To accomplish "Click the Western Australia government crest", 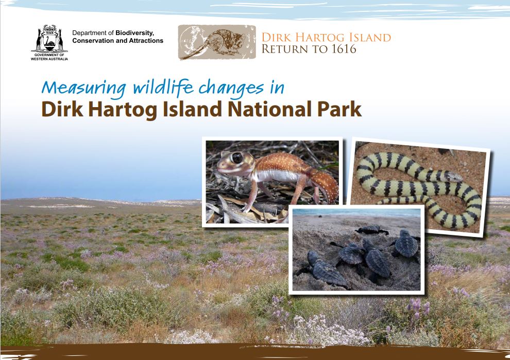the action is pos(49,39).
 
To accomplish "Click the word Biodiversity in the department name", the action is pos(134,33).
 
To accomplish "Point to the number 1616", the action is pos(344,49).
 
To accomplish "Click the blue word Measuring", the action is pos(84,88).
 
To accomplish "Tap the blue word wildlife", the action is pos(164,87).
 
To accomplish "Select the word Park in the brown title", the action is pos(339,109).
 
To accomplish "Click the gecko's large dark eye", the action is pos(237,158).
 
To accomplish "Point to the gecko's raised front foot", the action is pos(249,205).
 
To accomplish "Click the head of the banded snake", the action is pos(453,177).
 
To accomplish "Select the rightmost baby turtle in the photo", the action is pos(405,244).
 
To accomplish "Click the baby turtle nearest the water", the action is pos(372,230).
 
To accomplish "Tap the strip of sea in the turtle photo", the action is pos(356,212).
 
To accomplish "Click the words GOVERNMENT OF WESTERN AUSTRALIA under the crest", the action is pos(49,57).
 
